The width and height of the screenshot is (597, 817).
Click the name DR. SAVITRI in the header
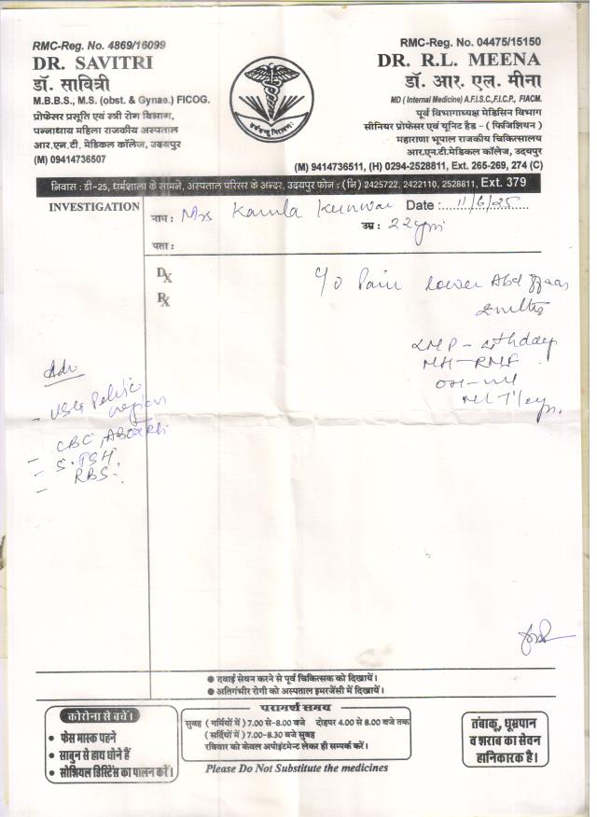(92, 62)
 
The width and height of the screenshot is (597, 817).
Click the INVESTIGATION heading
(94, 206)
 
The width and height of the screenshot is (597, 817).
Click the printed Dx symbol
(164, 275)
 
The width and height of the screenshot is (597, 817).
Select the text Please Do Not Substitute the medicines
(298, 768)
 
